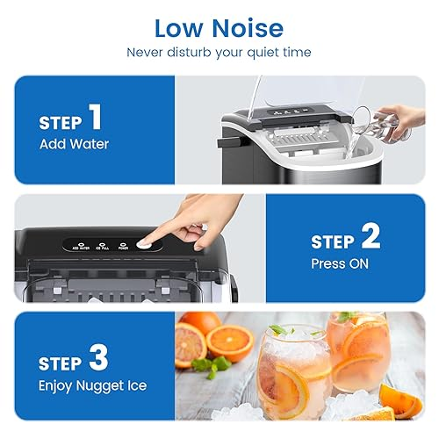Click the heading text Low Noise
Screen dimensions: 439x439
click(219, 27)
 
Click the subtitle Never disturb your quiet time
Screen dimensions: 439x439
click(219, 53)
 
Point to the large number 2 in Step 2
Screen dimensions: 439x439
click(370, 236)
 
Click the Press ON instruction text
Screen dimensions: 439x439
click(342, 263)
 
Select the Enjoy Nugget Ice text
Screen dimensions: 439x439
click(92, 385)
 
